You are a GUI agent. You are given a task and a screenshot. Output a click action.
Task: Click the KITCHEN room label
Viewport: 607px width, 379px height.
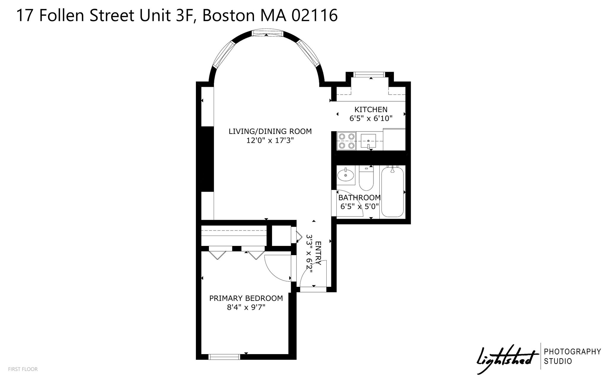point(371,110)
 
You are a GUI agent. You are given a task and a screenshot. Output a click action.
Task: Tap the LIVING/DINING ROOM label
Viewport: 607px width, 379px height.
point(270,131)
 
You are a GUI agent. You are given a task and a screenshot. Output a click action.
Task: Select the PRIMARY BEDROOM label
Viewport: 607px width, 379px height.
point(246,298)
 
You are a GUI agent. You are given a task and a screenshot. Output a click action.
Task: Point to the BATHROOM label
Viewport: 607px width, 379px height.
point(360,197)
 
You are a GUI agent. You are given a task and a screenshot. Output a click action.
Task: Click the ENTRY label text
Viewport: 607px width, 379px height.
point(318,253)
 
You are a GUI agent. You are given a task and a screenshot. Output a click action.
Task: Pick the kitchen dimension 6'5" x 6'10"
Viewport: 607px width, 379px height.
point(371,119)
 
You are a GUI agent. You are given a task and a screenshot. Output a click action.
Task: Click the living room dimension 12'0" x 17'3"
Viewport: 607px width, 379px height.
point(270,140)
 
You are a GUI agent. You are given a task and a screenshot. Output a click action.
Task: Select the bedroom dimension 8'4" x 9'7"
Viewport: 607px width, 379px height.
point(246,307)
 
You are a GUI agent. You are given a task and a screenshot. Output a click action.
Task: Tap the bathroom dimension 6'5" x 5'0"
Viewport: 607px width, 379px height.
point(360,206)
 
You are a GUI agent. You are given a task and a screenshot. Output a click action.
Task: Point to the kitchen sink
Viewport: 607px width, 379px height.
point(368,141)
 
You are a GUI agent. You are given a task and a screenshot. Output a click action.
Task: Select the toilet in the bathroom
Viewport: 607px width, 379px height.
point(366,178)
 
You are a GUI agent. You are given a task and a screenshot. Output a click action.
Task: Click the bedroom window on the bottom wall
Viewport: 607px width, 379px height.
point(225,357)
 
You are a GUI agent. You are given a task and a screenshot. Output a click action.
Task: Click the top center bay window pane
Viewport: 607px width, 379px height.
point(266,33)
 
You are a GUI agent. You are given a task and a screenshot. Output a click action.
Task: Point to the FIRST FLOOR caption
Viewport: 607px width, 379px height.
point(23,369)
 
